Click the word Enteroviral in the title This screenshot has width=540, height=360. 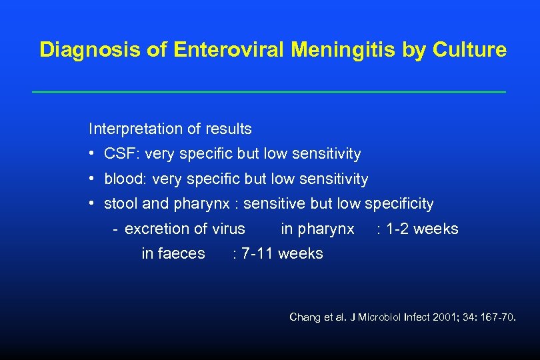pyautogui.click(x=211, y=50)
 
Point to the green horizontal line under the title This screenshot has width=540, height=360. pyautogui.click(x=269, y=91)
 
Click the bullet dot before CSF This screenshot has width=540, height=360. pyautogui.click(x=91, y=154)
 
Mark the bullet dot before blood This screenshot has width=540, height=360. pyautogui.click(x=91, y=179)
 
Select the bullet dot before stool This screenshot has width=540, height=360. pyautogui.click(x=91, y=203)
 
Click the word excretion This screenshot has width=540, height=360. pyautogui.click(x=157, y=229)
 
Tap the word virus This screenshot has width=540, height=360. pyautogui.click(x=229, y=229)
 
